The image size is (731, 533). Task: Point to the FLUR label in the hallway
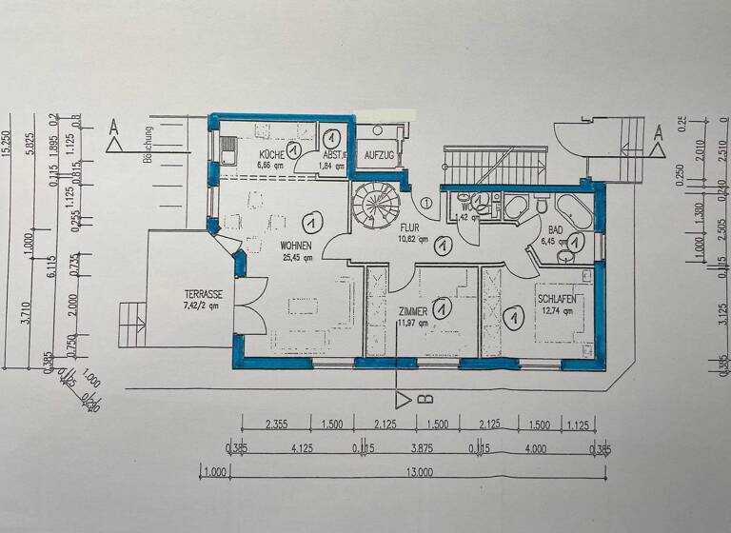(x=410, y=228)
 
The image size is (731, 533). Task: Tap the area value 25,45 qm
(x=295, y=257)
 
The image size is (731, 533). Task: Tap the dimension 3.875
(x=419, y=448)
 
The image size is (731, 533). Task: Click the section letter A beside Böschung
(x=114, y=125)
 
